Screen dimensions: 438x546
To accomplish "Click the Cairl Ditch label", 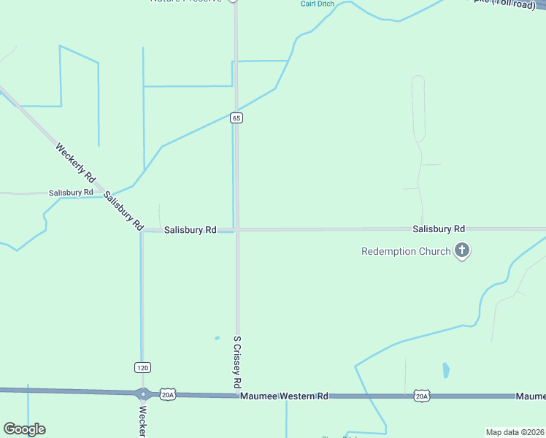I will [x=318, y=4].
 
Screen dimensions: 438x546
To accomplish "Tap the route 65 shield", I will [x=236, y=118].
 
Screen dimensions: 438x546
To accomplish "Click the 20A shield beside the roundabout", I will [x=168, y=394].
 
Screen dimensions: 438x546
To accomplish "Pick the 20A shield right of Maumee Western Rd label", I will [x=421, y=396].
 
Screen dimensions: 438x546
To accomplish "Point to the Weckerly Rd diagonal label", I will [x=76, y=163].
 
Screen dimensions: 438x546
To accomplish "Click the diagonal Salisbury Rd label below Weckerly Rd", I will [x=123, y=211].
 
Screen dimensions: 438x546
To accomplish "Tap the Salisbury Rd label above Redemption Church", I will [x=438, y=228].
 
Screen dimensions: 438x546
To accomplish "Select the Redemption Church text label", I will [x=406, y=252].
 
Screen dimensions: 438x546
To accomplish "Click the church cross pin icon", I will [x=461, y=251].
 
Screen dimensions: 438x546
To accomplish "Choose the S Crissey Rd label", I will [x=237, y=361].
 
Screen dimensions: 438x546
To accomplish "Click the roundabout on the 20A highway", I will [x=143, y=393].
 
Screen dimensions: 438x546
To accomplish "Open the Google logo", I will [x=24, y=429].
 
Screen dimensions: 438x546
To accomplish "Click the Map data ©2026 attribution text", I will [x=515, y=432].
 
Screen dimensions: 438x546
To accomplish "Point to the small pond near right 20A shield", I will [x=446, y=370].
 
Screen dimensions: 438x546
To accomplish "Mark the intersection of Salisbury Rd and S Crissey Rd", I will [x=236, y=229].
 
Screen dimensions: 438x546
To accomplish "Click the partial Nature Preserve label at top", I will [x=185, y=1].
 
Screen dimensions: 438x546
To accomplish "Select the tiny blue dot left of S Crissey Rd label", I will [x=217, y=338].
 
